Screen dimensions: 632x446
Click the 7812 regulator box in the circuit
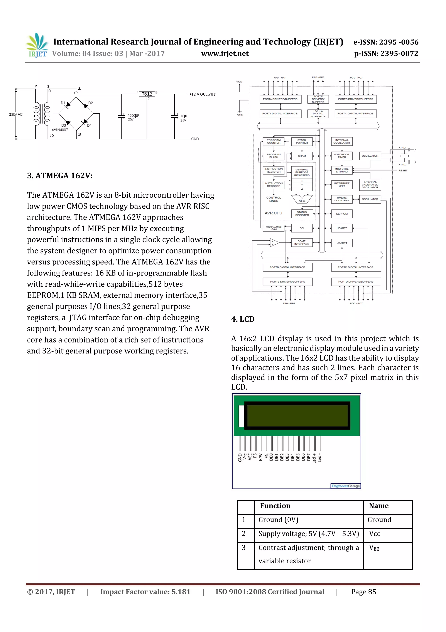147,94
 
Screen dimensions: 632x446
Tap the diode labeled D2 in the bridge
85,105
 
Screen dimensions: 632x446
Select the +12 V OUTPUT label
203,94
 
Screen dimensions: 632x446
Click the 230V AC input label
16,114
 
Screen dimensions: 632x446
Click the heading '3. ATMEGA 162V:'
60,176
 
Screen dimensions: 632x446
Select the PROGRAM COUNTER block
274,142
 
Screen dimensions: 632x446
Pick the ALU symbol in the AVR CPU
302,200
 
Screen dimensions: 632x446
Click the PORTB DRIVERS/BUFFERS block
287,282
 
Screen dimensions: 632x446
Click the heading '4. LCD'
243,319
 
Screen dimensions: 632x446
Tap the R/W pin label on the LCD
260,457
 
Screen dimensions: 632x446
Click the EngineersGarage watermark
345,486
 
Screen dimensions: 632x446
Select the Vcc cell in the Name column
375,534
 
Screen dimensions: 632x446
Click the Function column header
275,506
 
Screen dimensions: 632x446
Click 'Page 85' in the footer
363,592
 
